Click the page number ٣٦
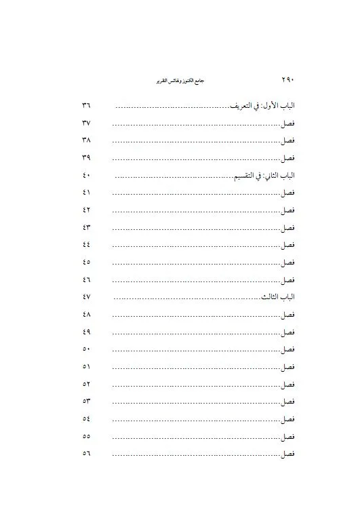(x=87, y=106)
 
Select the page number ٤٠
(x=87, y=176)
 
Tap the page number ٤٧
(x=87, y=298)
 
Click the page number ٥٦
(x=87, y=454)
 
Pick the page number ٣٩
(x=87, y=158)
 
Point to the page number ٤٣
(x=87, y=228)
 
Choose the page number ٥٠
(x=87, y=349)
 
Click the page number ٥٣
(x=87, y=402)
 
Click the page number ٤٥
(x=87, y=262)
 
